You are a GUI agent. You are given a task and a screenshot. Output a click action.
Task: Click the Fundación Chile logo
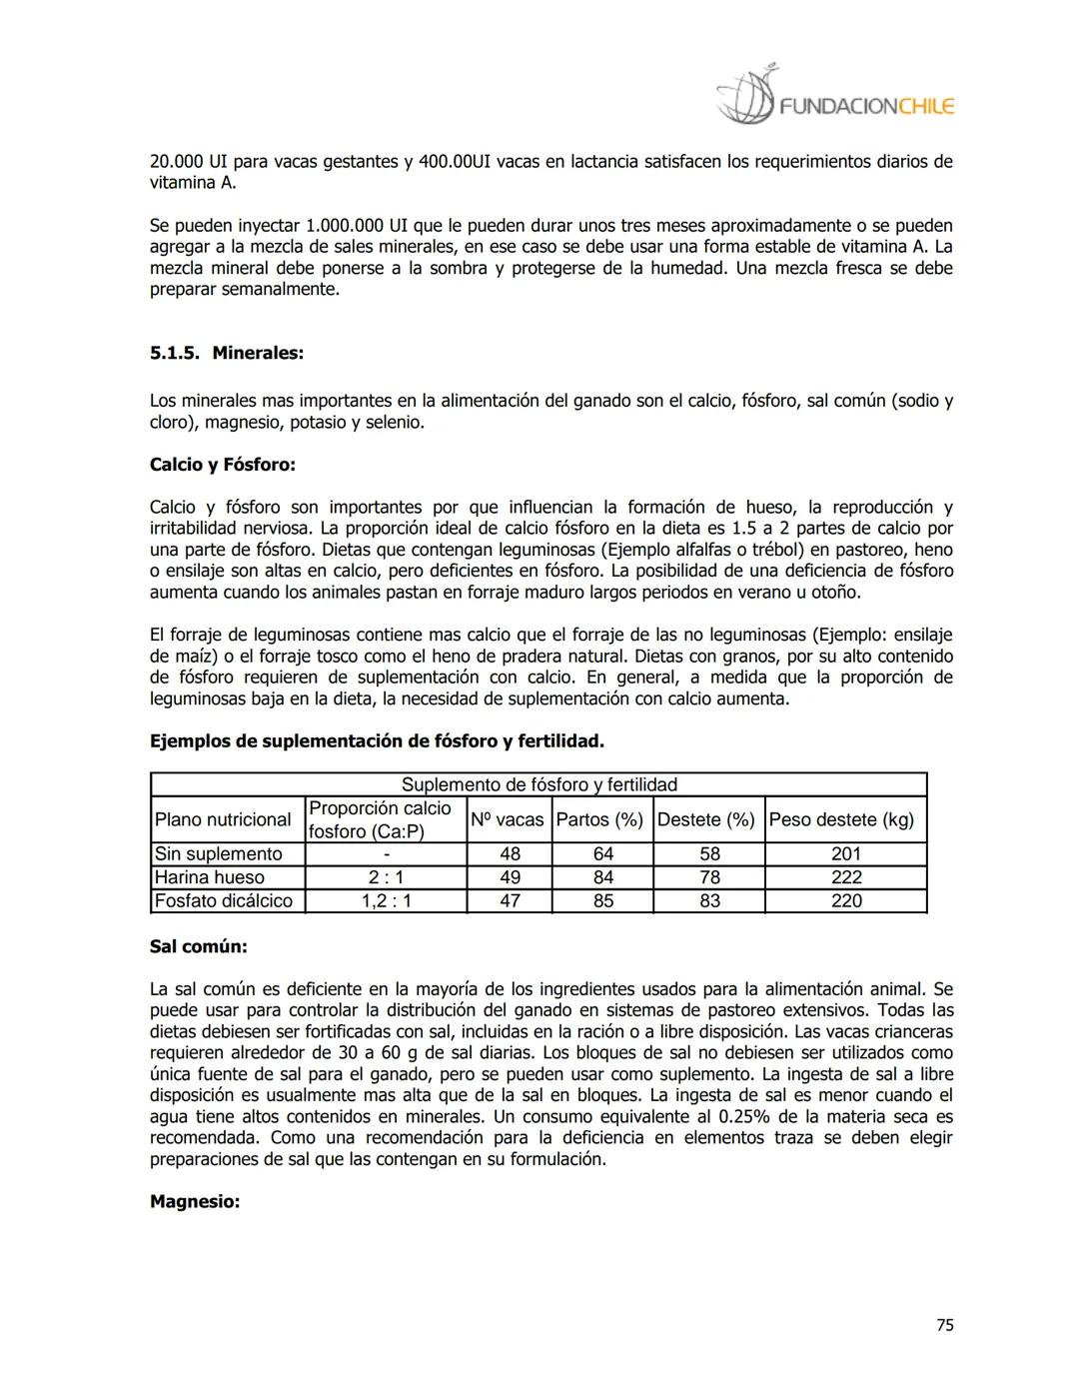pos(835,97)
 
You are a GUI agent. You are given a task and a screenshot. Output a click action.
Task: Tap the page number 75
pos(944,1325)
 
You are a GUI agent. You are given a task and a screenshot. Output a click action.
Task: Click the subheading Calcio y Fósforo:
pos(222,465)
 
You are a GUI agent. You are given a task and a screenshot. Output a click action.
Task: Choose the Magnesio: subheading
pos(195,1201)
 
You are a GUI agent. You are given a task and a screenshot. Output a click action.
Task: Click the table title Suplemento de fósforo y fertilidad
pos(539,784)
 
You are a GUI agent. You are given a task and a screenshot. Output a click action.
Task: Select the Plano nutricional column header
pos(223,819)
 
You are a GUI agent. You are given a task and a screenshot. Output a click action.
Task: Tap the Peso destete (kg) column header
pos(841,819)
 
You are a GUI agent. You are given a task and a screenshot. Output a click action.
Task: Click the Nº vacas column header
pos(508,819)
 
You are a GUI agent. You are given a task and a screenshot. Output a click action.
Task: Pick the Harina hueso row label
pos(210,877)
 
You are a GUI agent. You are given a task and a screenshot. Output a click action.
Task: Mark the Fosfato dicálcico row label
pos(224,900)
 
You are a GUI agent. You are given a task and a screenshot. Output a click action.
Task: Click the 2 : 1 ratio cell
pos(386,877)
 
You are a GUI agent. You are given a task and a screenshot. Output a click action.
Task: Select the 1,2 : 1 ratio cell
pos(386,900)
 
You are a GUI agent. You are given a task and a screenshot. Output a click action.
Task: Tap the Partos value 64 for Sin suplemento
pos(602,853)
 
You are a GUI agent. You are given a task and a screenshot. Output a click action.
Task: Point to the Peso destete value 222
pos(845,877)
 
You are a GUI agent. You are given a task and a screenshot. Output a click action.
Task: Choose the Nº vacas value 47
pos(510,900)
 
